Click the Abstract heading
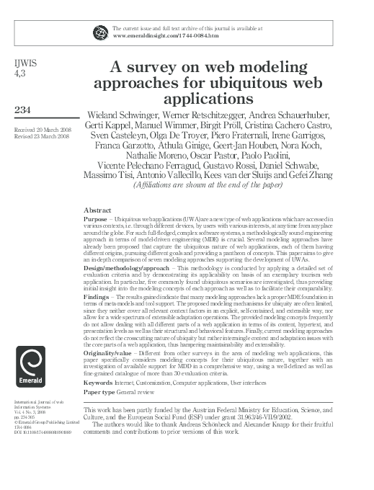click(x=98, y=210)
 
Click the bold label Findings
click(x=97, y=295)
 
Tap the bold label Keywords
click(x=99, y=382)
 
